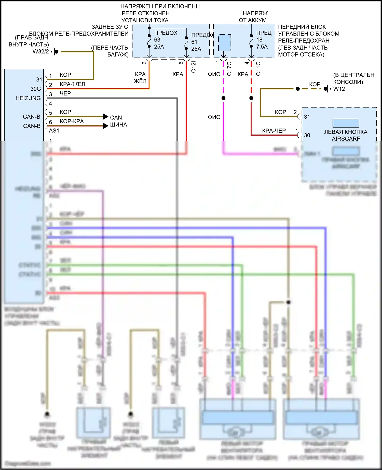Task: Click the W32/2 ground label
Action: pos(40,51)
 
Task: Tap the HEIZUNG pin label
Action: pos(28,98)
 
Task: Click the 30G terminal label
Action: pos(36,89)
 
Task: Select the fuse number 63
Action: pos(157,40)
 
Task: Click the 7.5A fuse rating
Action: pos(262,47)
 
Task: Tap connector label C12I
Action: pos(194,67)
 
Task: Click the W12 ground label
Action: pos(339,89)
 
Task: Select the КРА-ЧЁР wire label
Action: pos(274,131)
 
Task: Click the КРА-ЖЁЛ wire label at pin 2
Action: pos(72,84)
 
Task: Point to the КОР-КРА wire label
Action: pos(72,121)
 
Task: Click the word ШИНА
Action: pos(118,125)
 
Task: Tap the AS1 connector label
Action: pos(54,131)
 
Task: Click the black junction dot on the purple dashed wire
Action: pos(224,98)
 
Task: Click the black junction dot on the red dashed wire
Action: pos(251,98)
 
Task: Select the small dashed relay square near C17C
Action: pos(225,43)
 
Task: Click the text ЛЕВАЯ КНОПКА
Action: pos(346,132)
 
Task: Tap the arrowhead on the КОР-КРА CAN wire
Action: pos(105,126)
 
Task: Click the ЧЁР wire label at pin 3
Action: pos(65,93)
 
